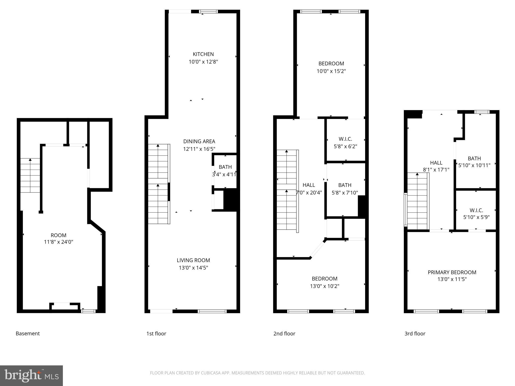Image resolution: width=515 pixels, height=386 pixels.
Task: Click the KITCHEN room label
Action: tap(203, 54)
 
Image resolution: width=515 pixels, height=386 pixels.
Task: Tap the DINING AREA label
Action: tap(199, 141)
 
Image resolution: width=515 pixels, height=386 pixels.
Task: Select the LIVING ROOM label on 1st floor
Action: tap(193, 260)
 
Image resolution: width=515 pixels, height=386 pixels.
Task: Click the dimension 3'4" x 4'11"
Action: tap(224, 174)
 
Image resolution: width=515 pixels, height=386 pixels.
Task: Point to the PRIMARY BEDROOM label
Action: tap(452, 272)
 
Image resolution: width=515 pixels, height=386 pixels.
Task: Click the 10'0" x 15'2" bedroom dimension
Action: tap(331, 71)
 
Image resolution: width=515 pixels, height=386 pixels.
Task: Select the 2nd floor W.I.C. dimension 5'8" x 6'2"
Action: tap(345, 146)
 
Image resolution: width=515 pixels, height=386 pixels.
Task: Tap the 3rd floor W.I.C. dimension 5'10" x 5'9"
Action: tap(476, 217)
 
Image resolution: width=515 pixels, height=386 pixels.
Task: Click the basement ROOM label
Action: tap(59, 235)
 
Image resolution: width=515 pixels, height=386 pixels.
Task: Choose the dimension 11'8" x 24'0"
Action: tap(59, 242)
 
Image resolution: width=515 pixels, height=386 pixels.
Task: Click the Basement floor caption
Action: tap(28, 333)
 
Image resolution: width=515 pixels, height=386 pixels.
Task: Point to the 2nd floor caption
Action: tap(284, 333)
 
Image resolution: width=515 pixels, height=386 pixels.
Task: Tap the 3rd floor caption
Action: tap(415, 333)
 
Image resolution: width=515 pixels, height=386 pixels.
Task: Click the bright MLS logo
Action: tap(31, 375)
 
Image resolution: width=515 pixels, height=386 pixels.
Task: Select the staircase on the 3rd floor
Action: tap(417, 201)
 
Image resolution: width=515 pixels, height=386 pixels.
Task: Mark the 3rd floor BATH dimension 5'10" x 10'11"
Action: tap(474, 165)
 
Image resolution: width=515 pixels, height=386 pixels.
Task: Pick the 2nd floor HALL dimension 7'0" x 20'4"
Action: tap(309, 193)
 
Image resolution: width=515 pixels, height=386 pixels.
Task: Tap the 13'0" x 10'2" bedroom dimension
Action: tap(324, 286)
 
